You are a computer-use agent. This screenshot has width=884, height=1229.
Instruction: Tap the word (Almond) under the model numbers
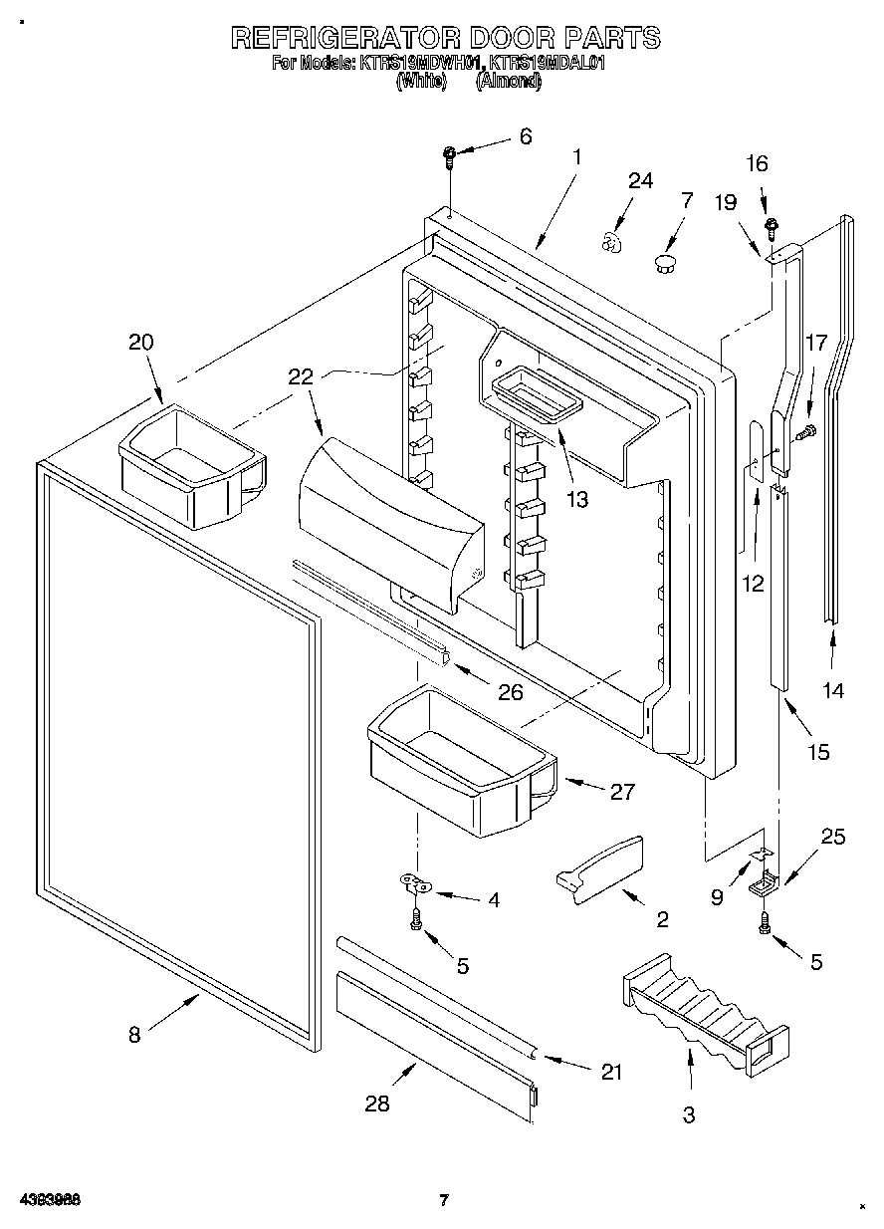(508, 82)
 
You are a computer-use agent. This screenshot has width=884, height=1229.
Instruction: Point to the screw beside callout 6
(450, 154)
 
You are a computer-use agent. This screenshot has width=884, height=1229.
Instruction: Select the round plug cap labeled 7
(664, 262)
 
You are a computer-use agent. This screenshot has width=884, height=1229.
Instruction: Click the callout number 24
(640, 180)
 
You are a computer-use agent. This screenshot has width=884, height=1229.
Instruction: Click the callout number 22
(301, 376)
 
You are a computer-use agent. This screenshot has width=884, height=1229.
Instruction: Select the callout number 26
(510, 691)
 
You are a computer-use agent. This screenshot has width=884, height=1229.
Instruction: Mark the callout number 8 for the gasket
(134, 1034)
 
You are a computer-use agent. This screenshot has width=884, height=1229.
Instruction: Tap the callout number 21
(610, 1072)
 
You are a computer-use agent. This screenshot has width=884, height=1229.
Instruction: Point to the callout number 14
(833, 689)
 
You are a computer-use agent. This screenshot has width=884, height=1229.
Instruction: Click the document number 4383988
(48, 1199)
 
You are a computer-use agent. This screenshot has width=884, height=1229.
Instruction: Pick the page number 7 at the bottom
(444, 1199)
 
